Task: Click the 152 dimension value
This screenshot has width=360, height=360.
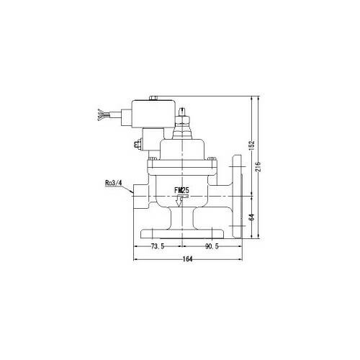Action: click(x=251, y=145)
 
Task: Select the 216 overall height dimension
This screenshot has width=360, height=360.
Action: click(x=258, y=166)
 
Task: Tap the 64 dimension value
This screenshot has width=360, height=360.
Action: click(x=251, y=217)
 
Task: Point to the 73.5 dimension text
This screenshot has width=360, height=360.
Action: click(x=158, y=246)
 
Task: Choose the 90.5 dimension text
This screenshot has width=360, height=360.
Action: click(x=212, y=246)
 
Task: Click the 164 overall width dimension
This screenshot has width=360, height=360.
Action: click(x=187, y=259)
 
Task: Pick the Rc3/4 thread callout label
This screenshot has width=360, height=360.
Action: click(x=114, y=183)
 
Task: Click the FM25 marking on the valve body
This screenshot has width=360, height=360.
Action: click(x=181, y=191)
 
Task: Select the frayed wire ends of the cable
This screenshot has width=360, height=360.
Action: click(x=101, y=114)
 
